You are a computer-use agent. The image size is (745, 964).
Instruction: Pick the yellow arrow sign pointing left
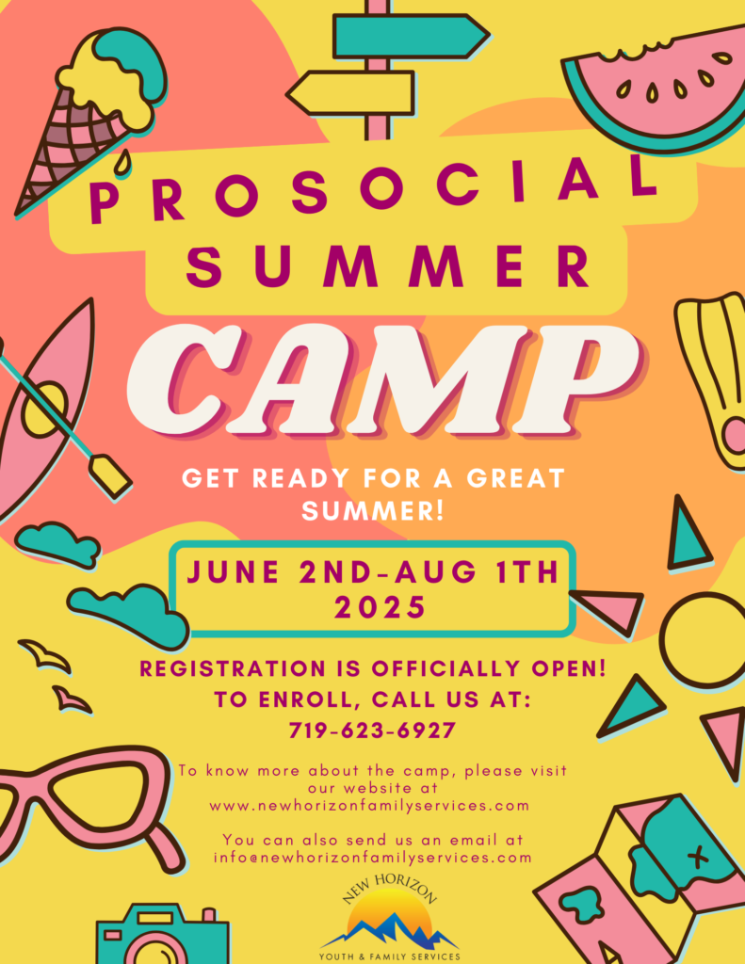click(350, 93)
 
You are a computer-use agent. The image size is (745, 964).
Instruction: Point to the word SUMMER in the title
click(388, 265)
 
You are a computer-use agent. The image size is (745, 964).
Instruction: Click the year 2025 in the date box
click(380, 607)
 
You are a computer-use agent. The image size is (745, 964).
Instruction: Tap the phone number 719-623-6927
click(372, 731)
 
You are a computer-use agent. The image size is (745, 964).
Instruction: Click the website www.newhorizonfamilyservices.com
click(369, 806)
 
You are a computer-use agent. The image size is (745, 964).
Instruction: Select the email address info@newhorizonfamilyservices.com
click(373, 857)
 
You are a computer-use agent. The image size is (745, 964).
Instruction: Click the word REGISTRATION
click(233, 668)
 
